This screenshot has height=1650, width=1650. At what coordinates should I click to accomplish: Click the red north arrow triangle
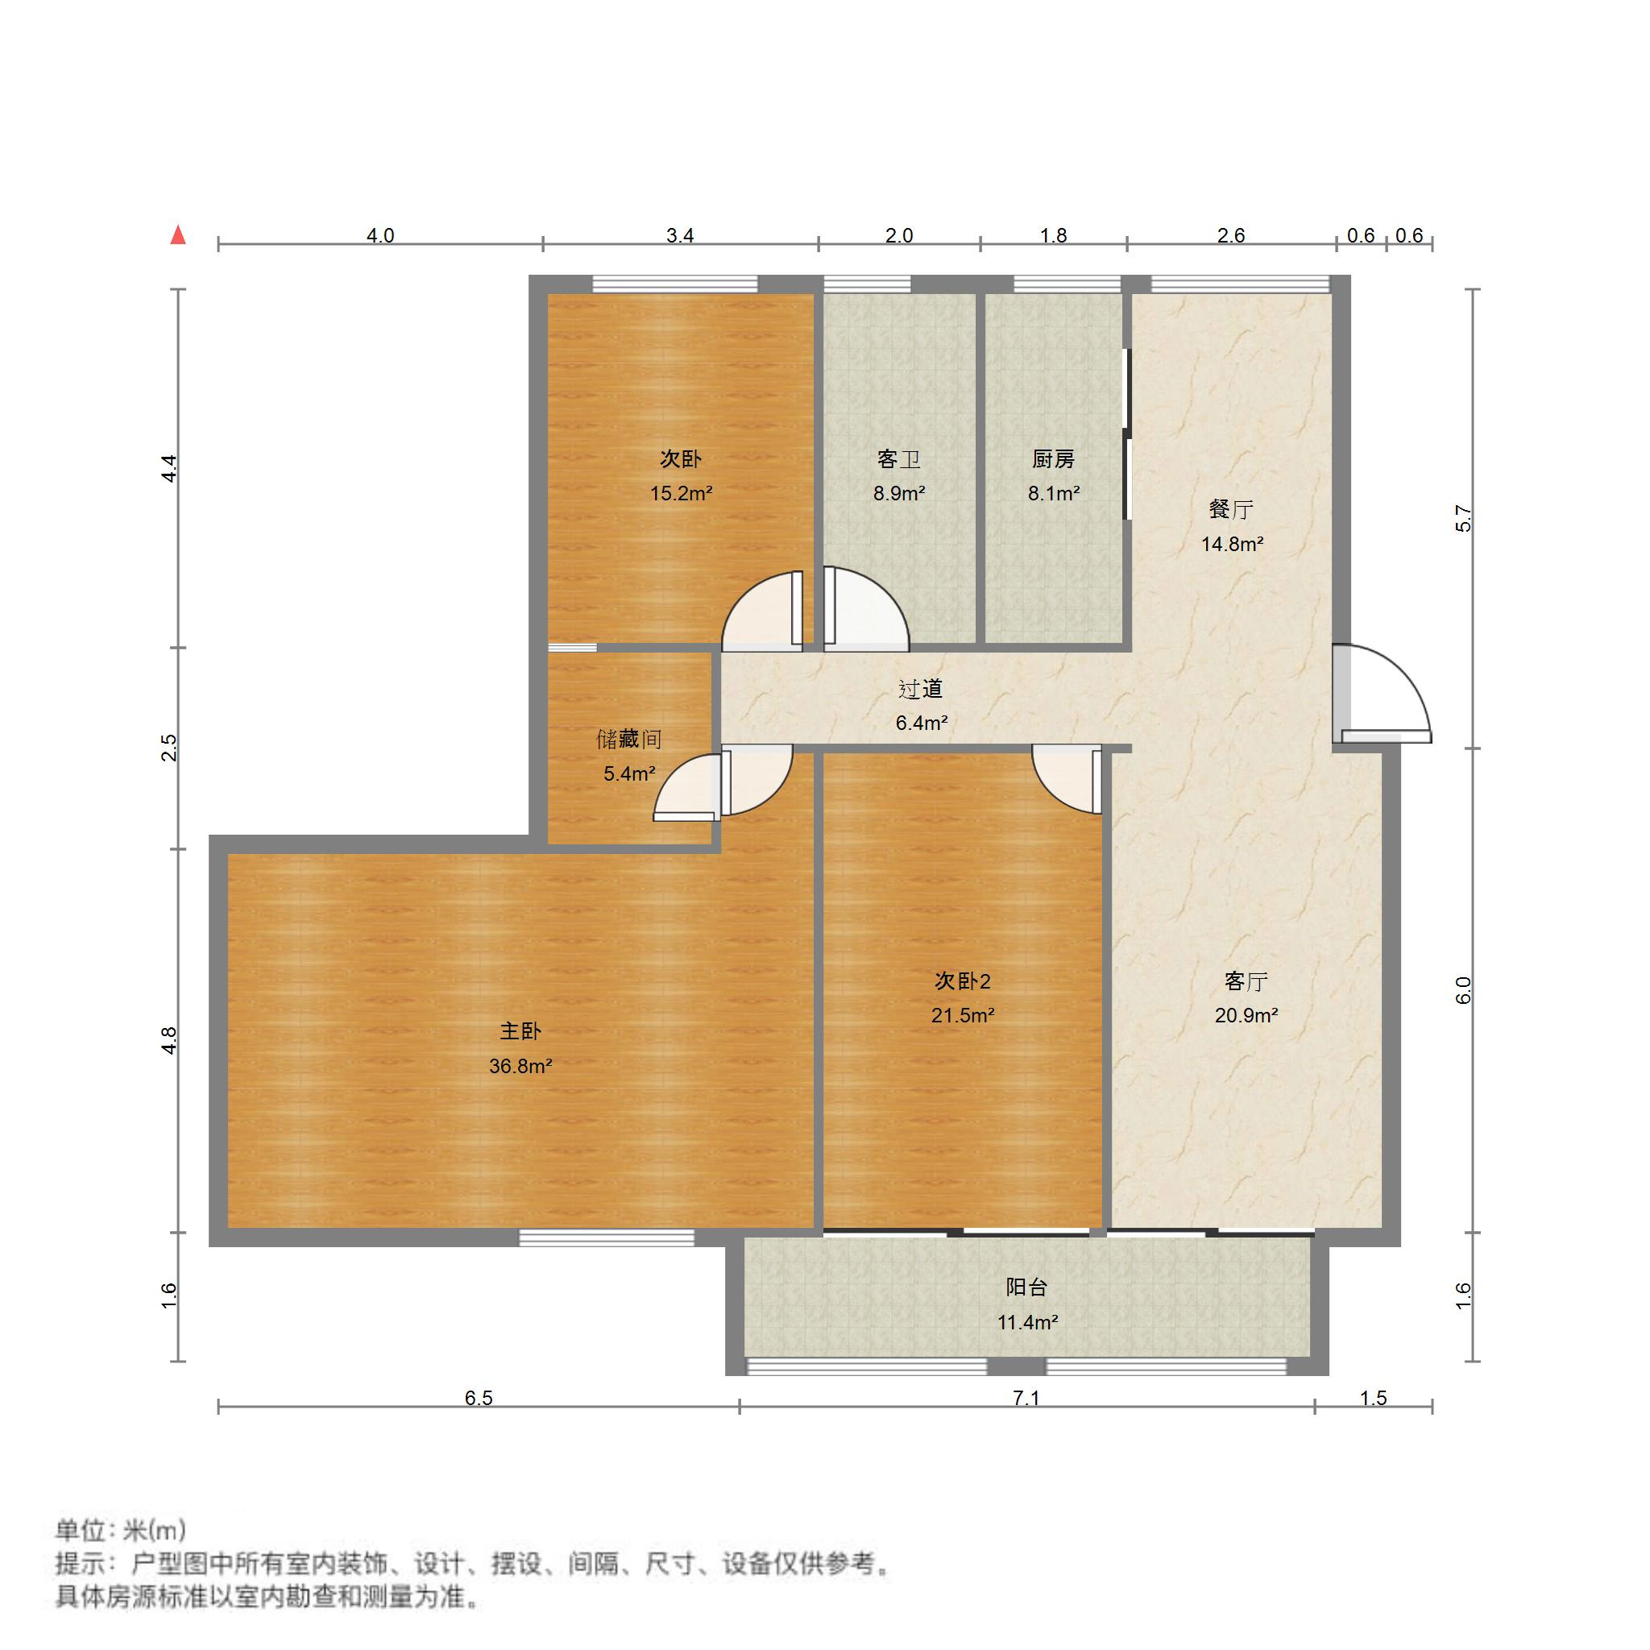click(x=177, y=235)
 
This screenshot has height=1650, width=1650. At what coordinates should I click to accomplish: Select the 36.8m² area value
click(x=520, y=1066)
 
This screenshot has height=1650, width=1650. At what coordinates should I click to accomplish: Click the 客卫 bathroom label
click(x=898, y=459)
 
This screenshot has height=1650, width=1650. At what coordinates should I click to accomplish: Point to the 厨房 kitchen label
click(x=1052, y=459)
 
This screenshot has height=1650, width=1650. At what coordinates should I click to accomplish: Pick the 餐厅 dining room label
click(x=1231, y=510)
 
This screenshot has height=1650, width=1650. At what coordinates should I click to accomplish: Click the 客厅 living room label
click(x=1246, y=981)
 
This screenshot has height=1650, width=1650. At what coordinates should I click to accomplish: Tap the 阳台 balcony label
click(x=1026, y=1287)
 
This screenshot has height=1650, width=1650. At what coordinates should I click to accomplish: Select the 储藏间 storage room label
click(x=628, y=739)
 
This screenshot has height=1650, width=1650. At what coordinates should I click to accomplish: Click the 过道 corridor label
click(x=920, y=688)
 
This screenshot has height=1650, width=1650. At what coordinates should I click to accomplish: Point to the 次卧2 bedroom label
click(x=962, y=981)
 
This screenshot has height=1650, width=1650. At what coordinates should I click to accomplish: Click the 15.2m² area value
click(x=681, y=494)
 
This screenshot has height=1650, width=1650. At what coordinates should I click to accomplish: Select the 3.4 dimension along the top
click(x=680, y=236)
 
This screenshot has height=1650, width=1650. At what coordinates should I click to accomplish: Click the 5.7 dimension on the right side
click(x=1463, y=518)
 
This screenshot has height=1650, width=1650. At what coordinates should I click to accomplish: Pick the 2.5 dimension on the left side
click(x=170, y=748)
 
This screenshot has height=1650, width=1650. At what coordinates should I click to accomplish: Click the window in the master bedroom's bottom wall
click(x=607, y=1237)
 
